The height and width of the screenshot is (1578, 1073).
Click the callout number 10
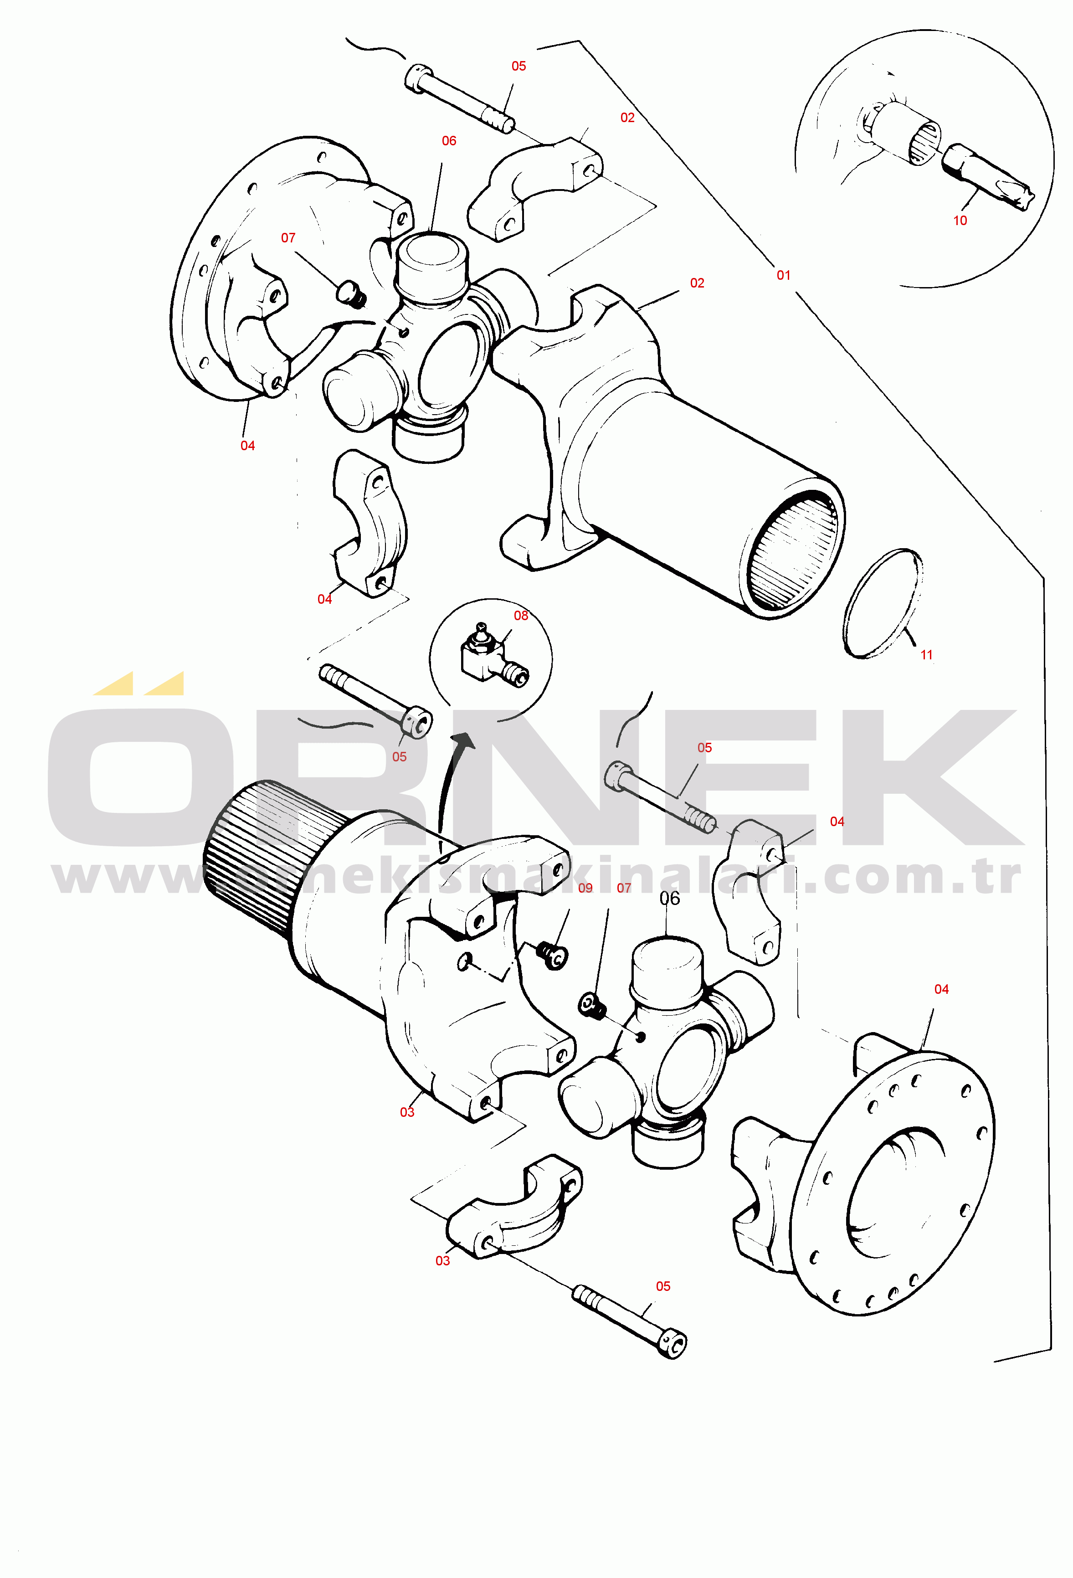pyautogui.click(x=959, y=221)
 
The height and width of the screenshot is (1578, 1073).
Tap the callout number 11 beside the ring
pyautogui.click(x=926, y=655)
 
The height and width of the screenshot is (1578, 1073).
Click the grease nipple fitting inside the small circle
pyautogui.click(x=493, y=655)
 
